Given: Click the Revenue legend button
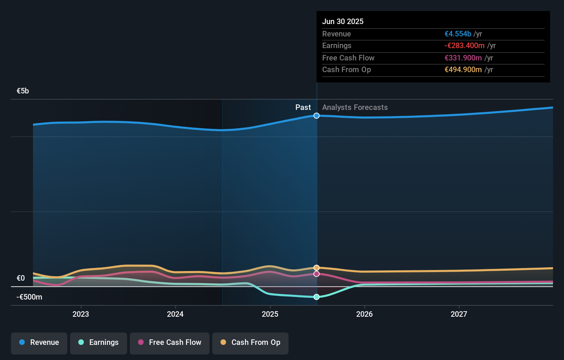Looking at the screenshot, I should click(x=39, y=343).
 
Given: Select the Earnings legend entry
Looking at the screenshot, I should click(x=98, y=343).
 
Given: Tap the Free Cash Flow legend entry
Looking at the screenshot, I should click(x=170, y=343).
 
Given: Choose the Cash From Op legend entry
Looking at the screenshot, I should click(x=250, y=343).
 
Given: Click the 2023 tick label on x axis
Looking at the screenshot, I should click(x=81, y=314).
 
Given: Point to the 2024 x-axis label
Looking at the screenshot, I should click(x=175, y=314).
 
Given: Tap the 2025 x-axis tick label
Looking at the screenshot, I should click(x=270, y=314).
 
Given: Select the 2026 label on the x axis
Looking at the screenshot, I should click(x=364, y=314).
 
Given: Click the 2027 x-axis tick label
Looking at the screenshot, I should click(x=459, y=314).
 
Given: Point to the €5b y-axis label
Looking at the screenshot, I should click(x=23, y=91).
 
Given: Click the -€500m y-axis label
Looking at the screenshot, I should click(x=29, y=297).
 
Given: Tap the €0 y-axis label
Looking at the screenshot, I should click(x=21, y=278).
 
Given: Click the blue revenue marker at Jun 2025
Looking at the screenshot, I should click(x=317, y=116).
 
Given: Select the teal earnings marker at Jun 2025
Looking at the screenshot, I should click(x=317, y=297).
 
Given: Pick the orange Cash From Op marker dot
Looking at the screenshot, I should click(x=317, y=268).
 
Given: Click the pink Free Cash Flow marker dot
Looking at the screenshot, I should click(x=317, y=274).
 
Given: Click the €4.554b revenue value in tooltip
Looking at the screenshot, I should click(x=458, y=34).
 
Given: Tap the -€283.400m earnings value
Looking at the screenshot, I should click(x=464, y=46).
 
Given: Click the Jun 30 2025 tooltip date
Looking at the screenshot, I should click(x=343, y=22).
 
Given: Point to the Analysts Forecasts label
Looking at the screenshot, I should click(x=355, y=108).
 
